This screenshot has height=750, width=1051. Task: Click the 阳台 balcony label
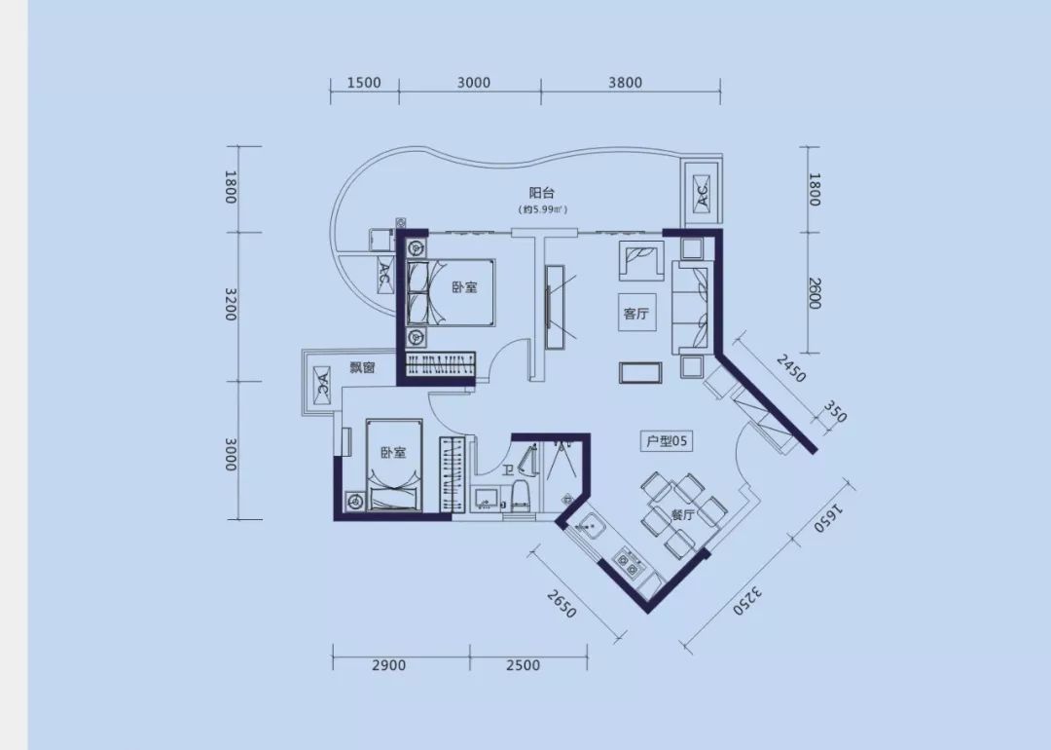pos(542,193)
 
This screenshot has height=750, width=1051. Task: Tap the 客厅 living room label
pos(636,314)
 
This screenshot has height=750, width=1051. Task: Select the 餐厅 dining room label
pos(682,515)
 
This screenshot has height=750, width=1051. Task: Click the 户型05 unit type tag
pos(666,441)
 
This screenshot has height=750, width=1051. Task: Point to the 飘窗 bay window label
pos(363,367)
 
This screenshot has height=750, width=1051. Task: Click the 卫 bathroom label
pos(508,469)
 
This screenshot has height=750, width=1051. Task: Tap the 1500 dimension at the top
pos(364,83)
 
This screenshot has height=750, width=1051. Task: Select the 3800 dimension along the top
pos(625,83)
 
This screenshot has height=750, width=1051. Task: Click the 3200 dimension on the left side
pos(231,305)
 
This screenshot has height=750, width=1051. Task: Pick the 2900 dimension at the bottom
pos(388,665)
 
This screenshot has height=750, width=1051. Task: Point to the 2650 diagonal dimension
pos(562,603)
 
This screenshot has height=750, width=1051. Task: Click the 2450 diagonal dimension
pos(791,368)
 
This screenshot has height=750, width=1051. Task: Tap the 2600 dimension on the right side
pos(815,293)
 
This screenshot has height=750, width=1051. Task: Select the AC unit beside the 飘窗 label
pos(321,385)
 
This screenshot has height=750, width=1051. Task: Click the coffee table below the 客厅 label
pos(640,372)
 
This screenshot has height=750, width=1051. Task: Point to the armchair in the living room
pos(641,259)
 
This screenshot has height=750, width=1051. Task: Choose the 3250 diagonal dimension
pos(749,599)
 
